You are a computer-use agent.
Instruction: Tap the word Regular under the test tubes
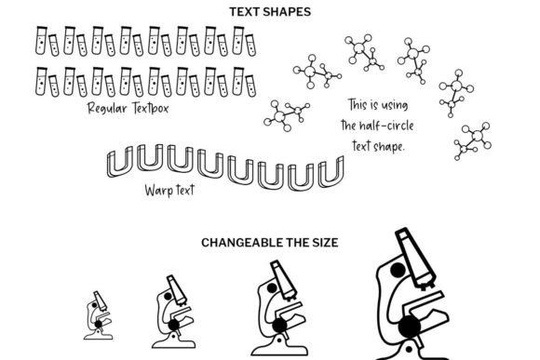pos(107,109)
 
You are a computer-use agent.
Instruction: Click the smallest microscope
pos(98,315)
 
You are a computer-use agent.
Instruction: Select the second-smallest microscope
pos(173,312)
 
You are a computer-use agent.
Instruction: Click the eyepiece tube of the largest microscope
pos(415,257)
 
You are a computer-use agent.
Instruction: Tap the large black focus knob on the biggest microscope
pos(410,327)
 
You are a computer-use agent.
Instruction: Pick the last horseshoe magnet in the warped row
pos(331,172)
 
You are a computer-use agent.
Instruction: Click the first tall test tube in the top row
pos(41,40)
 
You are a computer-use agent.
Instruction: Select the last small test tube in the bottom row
pos(250,86)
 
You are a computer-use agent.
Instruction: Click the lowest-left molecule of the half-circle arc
pos(287,115)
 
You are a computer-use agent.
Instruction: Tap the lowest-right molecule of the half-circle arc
pos(473,140)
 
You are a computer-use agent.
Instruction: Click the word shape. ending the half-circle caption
pos(388,147)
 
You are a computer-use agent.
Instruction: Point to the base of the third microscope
pos(279,349)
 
